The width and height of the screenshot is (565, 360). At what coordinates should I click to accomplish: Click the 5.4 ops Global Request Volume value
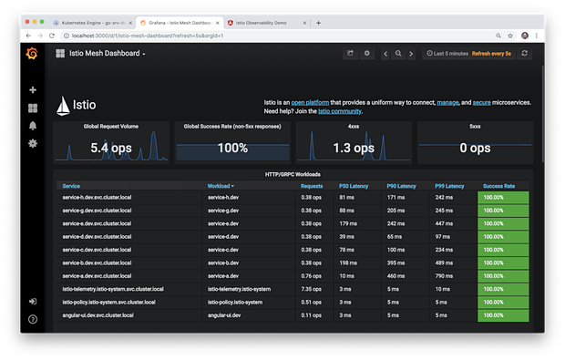(112, 148)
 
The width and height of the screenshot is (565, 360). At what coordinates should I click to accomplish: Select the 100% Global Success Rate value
(232, 148)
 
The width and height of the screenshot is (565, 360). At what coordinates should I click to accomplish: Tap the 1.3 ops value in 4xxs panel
(353, 148)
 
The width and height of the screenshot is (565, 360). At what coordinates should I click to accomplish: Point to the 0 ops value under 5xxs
(474, 148)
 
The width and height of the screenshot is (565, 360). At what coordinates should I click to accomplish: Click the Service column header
(71, 186)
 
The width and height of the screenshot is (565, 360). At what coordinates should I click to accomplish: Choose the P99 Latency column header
(449, 186)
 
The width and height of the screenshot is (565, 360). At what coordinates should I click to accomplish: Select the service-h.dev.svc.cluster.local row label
(97, 197)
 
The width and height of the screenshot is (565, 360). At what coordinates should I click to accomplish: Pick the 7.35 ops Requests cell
(311, 288)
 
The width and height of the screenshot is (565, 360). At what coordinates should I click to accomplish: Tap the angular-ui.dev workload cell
(224, 314)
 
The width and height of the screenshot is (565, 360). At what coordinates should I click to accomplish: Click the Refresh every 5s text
(492, 54)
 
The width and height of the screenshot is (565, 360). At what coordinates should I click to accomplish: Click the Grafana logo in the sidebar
(32, 54)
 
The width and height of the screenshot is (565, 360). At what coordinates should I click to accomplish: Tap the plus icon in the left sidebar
(33, 90)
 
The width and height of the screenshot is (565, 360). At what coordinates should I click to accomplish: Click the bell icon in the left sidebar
(33, 126)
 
